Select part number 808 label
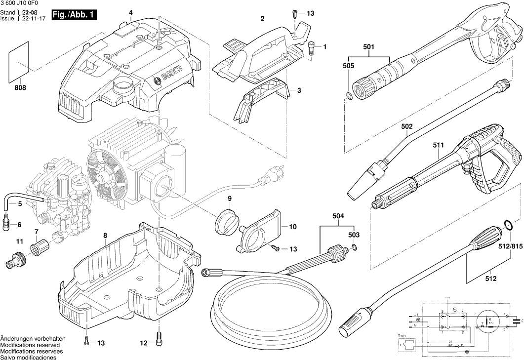[21, 88]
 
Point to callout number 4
[130, 12]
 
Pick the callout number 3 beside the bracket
[298, 90]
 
